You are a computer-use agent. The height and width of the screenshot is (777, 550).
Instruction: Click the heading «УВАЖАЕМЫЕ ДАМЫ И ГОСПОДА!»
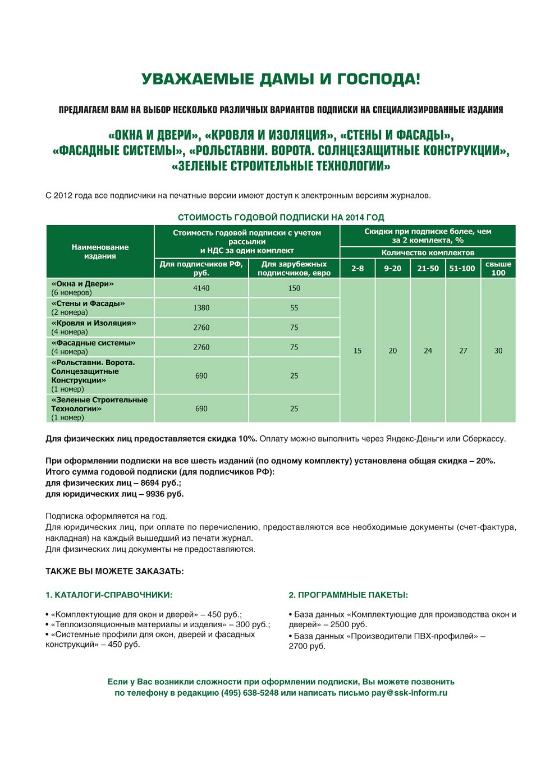281,79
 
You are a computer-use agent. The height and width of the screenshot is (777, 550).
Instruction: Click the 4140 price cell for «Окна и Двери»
201,288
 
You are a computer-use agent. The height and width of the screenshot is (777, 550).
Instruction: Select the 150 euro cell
294,288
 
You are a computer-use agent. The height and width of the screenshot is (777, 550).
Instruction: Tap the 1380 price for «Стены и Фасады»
201,308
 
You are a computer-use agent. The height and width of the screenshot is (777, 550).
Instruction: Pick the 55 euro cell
294,308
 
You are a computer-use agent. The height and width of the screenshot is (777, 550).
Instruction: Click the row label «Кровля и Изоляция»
94,323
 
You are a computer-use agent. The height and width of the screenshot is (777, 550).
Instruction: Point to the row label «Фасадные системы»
93,343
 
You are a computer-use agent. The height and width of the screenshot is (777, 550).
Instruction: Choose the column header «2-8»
357,269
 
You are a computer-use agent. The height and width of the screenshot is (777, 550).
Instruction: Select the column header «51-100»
462,269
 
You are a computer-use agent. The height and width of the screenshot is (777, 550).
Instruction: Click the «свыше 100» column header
498,269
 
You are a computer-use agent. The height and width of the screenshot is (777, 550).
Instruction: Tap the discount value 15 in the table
357,351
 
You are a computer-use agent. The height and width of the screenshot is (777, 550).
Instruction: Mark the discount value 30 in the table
498,351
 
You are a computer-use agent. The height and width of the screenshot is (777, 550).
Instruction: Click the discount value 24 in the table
428,351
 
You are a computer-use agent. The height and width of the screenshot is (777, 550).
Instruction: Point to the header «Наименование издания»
100,251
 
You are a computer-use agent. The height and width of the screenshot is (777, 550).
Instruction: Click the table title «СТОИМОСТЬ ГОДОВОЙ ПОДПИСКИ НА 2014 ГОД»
281,218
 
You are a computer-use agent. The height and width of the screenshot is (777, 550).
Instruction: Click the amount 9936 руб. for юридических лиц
164,494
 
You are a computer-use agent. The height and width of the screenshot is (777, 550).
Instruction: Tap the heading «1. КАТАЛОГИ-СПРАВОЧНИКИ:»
109,595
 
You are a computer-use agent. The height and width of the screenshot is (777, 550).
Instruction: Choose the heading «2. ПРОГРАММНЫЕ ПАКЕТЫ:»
348,595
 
